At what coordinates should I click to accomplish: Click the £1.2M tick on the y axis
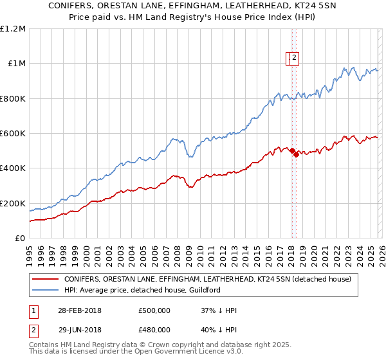(13, 29)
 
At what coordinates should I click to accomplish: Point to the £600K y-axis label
(13, 134)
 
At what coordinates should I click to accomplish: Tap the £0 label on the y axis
(19, 239)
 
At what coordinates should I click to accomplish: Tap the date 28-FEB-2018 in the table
(79, 310)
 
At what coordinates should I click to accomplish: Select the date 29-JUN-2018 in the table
(79, 330)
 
